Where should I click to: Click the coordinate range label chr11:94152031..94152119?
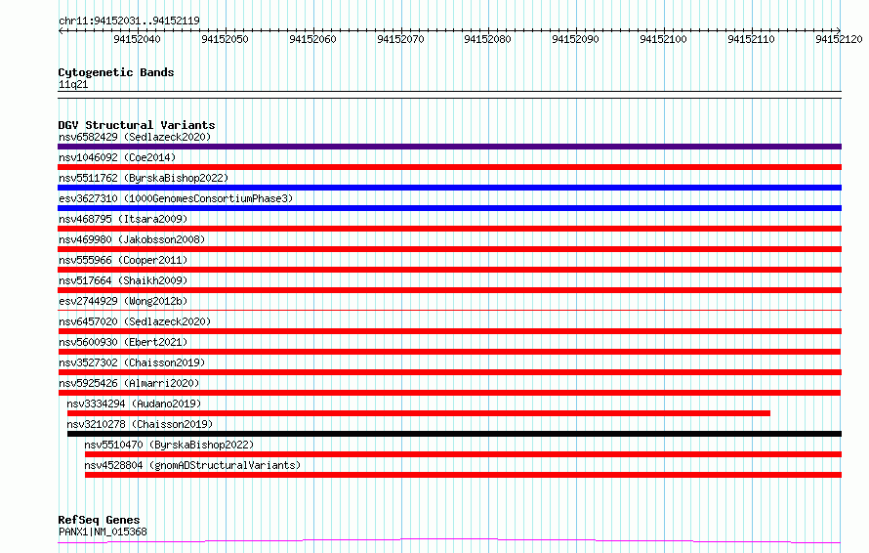[x=129, y=21]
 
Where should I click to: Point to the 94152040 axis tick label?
[x=137, y=39]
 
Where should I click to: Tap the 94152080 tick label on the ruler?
[x=487, y=39]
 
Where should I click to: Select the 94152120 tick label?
[x=839, y=39]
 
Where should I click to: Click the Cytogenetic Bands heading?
[x=116, y=72]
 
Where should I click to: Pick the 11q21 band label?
[x=73, y=84]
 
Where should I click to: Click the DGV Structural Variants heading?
[x=137, y=125]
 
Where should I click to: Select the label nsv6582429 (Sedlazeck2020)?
[x=135, y=137]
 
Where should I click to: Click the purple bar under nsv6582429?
[x=449, y=147]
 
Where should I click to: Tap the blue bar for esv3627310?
[x=449, y=208]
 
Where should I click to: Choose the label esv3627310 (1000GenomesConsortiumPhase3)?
[x=176, y=198]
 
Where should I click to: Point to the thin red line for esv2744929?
[x=449, y=311]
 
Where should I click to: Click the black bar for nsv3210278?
[x=454, y=434]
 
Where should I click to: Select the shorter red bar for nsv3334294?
[x=419, y=413]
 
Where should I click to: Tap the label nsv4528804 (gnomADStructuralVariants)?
[x=192, y=465]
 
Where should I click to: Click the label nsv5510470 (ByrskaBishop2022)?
[x=169, y=445]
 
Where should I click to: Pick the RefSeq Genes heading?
[x=99, y=520]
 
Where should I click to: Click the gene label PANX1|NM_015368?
[x=103, y=532]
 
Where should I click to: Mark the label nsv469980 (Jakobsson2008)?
[x=132, y=239]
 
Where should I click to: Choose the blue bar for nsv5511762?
[x=449, y=188]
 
